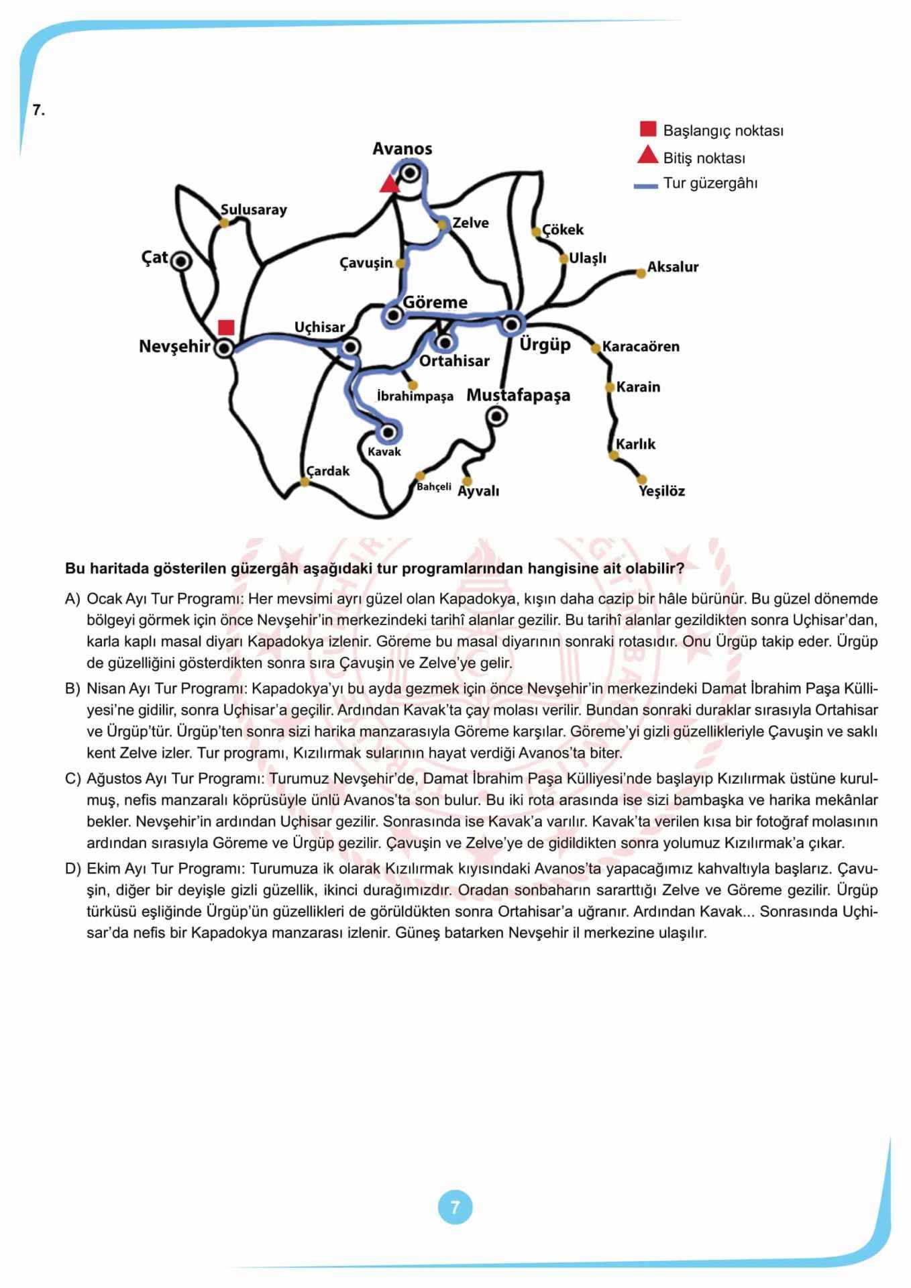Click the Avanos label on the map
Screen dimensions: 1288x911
click(402, 148)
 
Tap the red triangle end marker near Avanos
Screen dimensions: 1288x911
click(389, 184)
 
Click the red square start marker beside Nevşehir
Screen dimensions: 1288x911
click(226, 327)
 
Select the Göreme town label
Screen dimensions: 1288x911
click(435, 302)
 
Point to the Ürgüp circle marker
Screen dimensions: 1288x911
click(511, 325)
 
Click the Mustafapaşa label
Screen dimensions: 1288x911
click(518, 395)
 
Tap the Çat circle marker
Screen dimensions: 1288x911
click(181, 261)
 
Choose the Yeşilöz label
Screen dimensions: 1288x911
click(661, 491)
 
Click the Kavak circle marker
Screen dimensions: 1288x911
click(388, 431)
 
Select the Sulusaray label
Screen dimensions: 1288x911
click(254, 209)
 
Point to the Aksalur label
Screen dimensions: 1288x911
click(672, 267)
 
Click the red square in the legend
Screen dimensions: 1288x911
click(647, 129)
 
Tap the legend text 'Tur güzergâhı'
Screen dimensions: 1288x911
click(710, 183)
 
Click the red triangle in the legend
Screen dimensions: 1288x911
click(647, 156)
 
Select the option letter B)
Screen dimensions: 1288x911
click(72, 688)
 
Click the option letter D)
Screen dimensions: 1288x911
click(72, 869)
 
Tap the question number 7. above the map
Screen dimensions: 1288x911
click(39, 111)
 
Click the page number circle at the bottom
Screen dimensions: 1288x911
click(455, 1207)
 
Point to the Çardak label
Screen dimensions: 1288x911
click(328, 471)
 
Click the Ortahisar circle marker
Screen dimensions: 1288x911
click(444, 342)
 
